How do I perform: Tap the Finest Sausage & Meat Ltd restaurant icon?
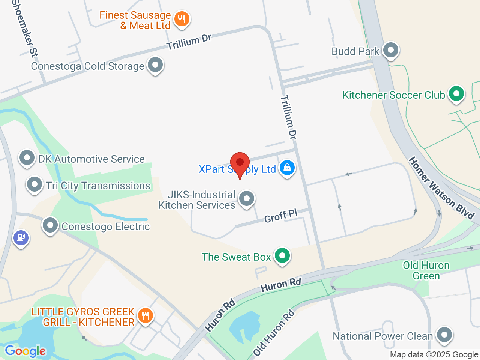tap(182, 18)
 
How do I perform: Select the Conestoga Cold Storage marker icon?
tap(155, 65)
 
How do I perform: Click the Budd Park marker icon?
tap(391, 50)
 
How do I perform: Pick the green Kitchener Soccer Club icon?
tap(456, 94)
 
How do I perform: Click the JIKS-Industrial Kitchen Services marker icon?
tap(247, 199)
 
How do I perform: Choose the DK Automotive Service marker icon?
tap(27, 158)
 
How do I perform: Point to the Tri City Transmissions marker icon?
tap(34, 184)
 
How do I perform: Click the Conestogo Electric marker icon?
tap(50, 225)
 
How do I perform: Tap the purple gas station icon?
tap(21, 237)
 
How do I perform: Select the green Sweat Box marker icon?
tap(282, 256)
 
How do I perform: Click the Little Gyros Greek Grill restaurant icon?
tap(145, 315)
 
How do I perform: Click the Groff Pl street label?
tap(281, 216)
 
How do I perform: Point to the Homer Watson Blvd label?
tap(441, 188)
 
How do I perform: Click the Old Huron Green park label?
tap(426, 270)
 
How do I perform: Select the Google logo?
tap(25, 351)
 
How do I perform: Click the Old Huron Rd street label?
tap(274, 332)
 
